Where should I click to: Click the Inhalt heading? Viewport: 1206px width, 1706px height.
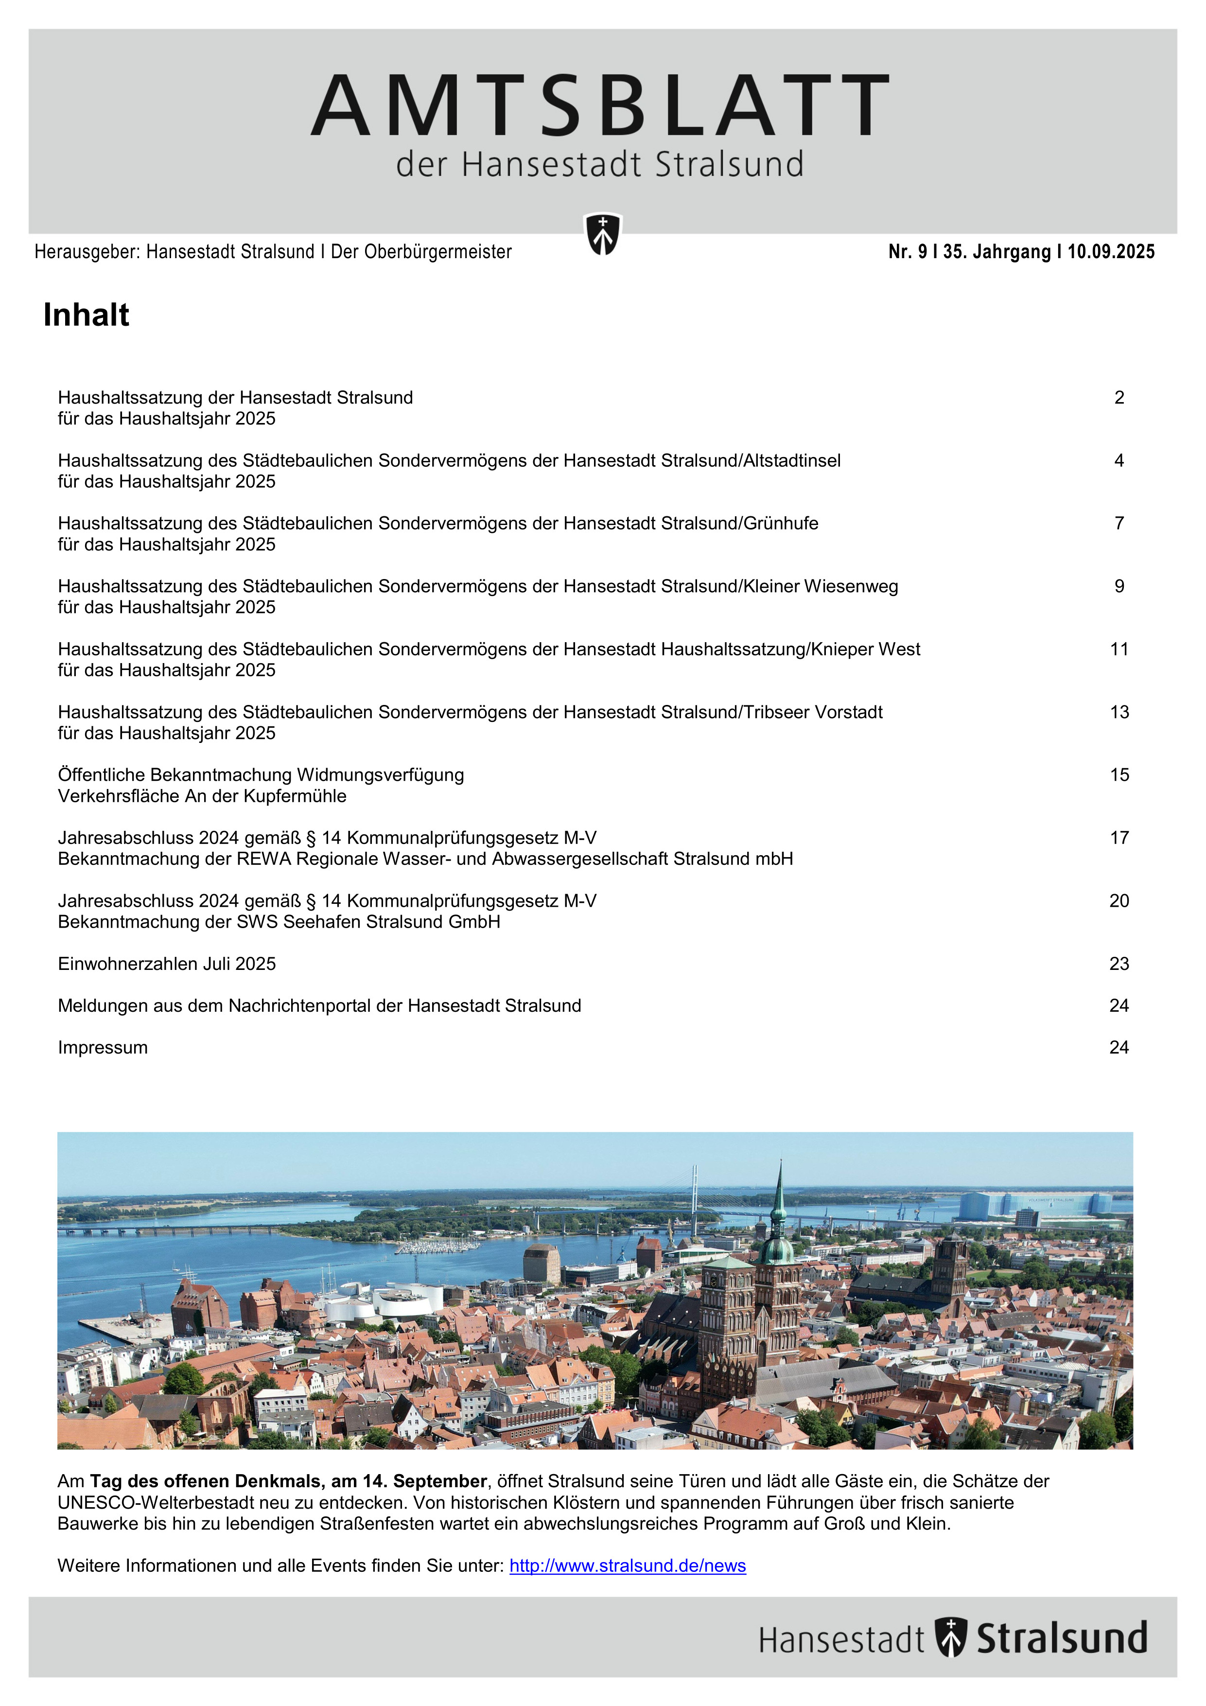[86, 315]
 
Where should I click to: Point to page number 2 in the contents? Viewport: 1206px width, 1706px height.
[1119, 398]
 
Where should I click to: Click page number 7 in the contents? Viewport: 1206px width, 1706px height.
[1119, 523]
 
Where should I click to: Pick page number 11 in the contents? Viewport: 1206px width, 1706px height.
[1119, 650]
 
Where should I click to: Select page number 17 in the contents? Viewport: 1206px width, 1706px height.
[1119, 838]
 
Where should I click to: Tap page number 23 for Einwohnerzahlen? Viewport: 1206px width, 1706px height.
[1119, 964]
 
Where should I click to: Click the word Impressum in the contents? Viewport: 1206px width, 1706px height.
[103, 1048]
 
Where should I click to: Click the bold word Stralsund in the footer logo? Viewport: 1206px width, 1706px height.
[1061, 1638]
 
